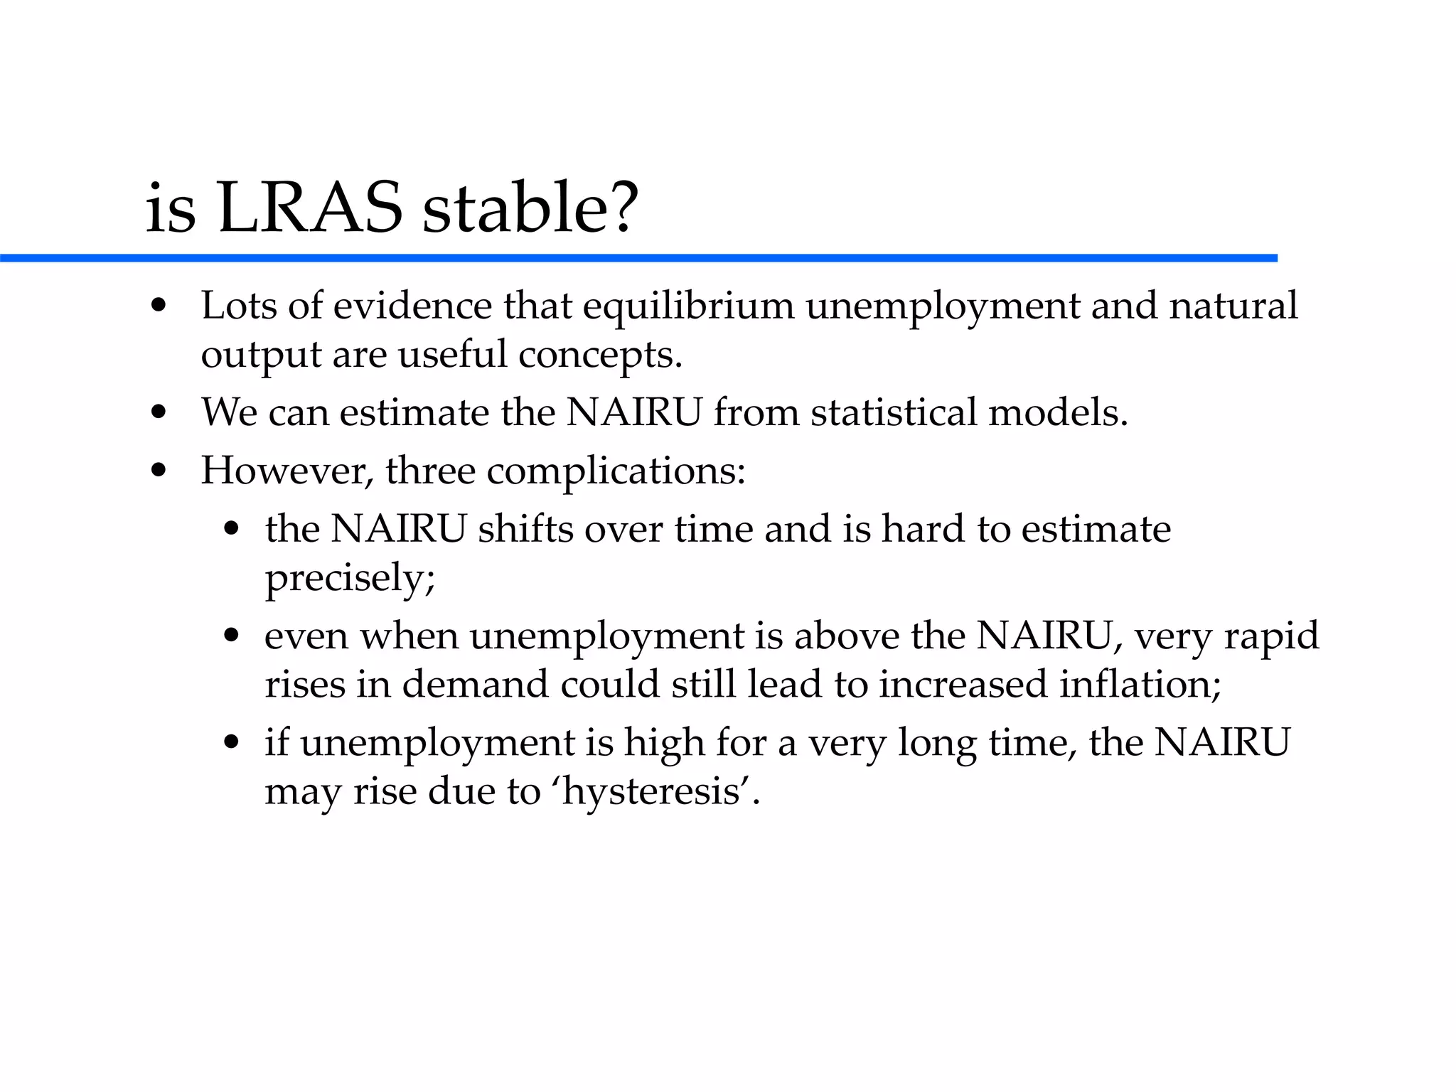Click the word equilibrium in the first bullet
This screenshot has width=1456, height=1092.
(x=688, y=306)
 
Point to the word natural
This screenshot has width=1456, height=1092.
(x=1233, y=306)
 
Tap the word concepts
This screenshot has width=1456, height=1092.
(x=599, y=355)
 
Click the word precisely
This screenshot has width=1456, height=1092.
(x=349, y=577)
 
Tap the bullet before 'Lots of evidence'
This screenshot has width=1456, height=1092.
(x=159, y=307)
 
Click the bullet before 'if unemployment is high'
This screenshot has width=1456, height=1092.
(x=231, y=744)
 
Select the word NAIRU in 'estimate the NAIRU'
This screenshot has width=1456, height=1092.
(x=633, y=412)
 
